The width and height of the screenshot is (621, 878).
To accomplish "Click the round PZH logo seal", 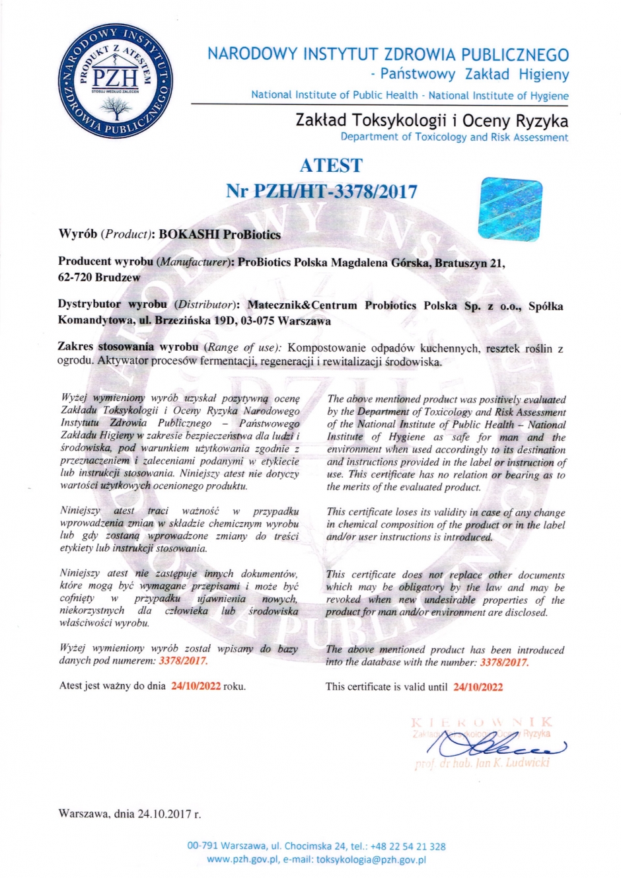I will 116,83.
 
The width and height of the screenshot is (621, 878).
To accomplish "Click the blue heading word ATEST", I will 330,165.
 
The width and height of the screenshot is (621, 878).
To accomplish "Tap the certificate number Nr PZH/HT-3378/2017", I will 322,192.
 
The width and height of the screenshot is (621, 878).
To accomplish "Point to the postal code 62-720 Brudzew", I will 99,277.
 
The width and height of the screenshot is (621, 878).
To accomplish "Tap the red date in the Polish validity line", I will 196,686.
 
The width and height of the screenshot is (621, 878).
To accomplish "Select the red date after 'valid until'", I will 478,687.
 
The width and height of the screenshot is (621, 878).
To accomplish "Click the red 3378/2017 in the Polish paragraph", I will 183,661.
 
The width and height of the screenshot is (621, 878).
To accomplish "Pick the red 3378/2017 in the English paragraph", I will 504,662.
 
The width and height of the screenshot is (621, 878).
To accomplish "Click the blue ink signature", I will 495,745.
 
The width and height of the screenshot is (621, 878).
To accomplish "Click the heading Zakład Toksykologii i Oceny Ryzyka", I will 431,121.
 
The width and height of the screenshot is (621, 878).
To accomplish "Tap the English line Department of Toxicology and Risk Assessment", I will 454,137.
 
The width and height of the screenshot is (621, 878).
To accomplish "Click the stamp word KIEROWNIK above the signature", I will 481,722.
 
